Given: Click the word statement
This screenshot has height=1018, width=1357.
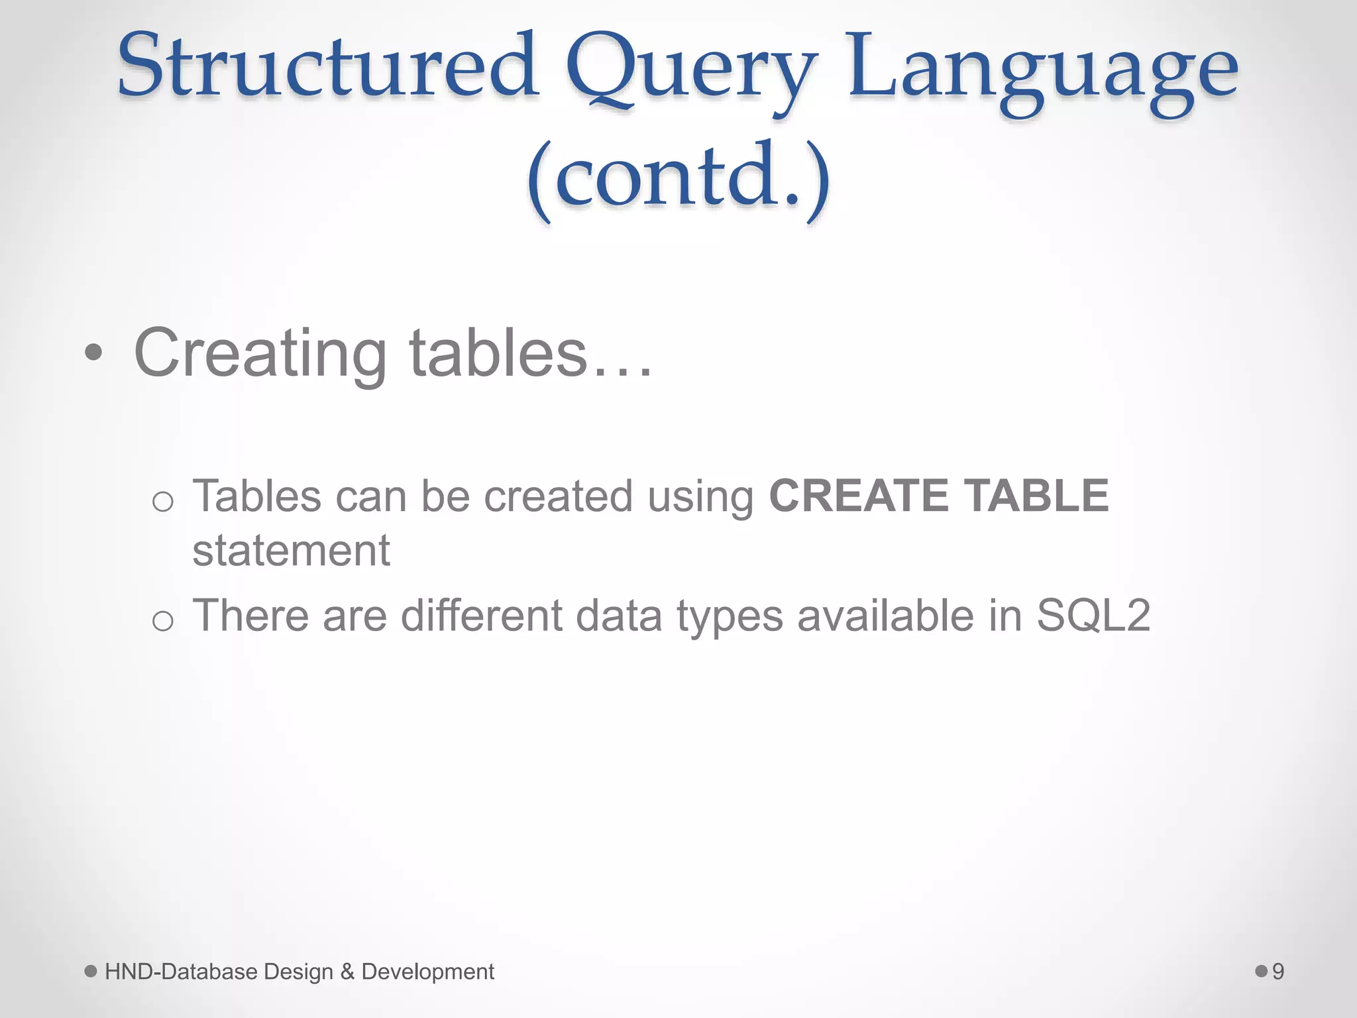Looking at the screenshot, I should click(291, 551).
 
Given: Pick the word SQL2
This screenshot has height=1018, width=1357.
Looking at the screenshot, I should click(1093, 616).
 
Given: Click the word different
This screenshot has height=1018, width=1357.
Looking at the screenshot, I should click(482, 616).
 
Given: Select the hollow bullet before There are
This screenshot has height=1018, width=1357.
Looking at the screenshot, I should click(162, 621).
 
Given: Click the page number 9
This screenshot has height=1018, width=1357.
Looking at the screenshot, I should click(1278, 972).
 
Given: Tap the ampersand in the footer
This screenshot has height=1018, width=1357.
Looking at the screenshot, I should click(347, 972).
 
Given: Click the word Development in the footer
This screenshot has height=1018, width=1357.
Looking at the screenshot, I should click(428, 972).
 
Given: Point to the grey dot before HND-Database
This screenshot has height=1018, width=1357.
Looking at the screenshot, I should click(91, 971).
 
